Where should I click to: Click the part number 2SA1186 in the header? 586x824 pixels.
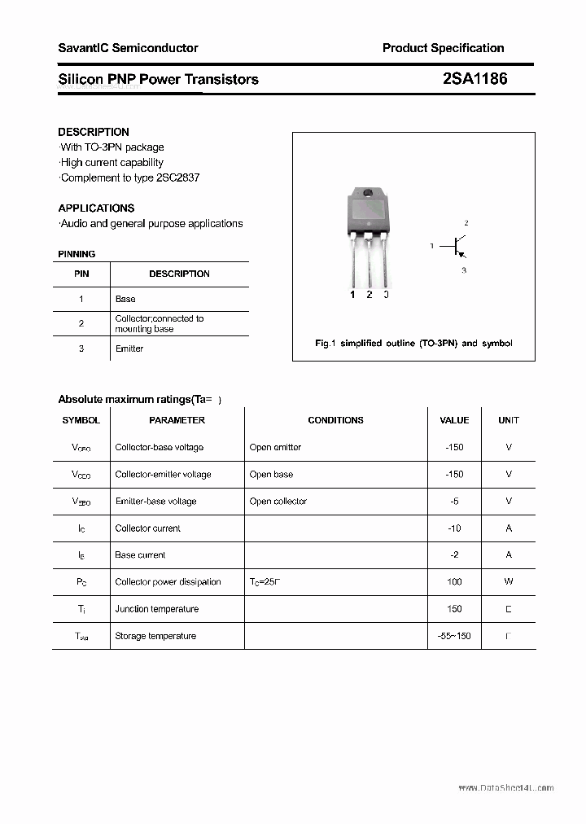tap(474, 79)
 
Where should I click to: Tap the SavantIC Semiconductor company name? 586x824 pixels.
tap(128, 48)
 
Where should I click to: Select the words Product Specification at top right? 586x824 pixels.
tap(443, 48)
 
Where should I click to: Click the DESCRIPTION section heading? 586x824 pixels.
tap(94, 132)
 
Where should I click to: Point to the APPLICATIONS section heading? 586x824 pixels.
tap(96, 208)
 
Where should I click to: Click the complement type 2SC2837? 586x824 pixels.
tap(176, 178)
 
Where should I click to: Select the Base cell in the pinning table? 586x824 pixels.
tap(125, 299)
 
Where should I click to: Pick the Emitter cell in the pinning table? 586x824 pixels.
tap(129, 348)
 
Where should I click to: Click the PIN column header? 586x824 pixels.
tap(81, 274)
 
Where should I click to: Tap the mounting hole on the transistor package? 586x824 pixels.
tap(368, 194)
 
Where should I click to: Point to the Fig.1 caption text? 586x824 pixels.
tap(413, 344)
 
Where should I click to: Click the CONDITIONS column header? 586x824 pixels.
tap(335, 420)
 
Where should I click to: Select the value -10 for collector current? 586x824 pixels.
tap(454, 528)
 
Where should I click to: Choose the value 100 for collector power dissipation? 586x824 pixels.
tap(454, 582)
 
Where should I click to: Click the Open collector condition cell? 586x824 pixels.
tap(278, 502)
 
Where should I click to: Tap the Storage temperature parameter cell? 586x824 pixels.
tap(155, 636)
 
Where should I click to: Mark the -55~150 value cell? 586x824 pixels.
tap(454, 636)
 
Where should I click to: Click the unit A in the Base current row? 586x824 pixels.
tap(509, 555)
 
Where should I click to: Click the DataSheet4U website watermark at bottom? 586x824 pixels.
tap(505, 788)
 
